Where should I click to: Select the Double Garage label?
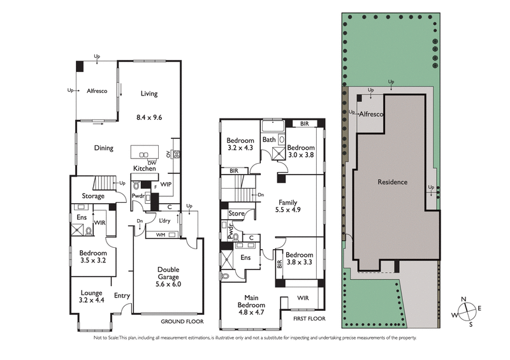(x=168, y=273)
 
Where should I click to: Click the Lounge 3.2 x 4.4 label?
(x=91, y=295)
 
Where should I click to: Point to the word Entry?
(x=122, y=295)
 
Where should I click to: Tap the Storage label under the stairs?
(x=93, y=196)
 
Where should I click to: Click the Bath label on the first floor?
(x=269, y=139)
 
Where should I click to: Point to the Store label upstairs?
(x=237, y=213)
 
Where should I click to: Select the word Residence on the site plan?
(x=393, y=182)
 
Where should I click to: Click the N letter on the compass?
(x=466, y=299)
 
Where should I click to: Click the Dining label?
(x=103, y=148)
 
